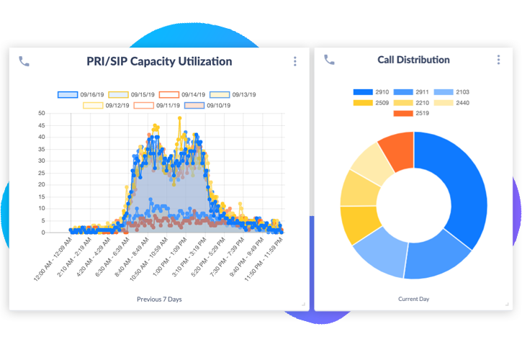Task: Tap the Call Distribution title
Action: (413, 60)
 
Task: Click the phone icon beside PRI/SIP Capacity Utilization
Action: (24, 61)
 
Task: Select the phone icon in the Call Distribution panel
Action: (329, 60)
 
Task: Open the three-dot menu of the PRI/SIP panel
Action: (294, 61)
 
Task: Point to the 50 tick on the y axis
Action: (42, 113)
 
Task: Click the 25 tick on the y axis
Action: (42, 173)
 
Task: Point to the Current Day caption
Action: (413, 298)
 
